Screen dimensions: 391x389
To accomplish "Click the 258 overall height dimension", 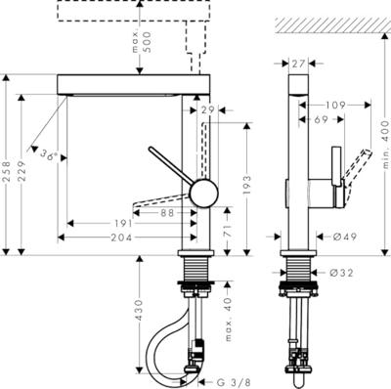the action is pyautogui.click(x=7, y=171).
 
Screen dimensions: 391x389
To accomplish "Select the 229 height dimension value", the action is pyautogui.click(x=22, y=171).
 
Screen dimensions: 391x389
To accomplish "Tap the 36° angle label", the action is pyautogui.click(x=50, y=154).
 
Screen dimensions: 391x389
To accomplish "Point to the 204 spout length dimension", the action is pyautogui.click(x=121, y=238).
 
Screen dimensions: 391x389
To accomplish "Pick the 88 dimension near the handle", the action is pyautogui.click(x=167, y=213).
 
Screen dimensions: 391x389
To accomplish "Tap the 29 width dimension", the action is pyautogui.click(x=207, y=110).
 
